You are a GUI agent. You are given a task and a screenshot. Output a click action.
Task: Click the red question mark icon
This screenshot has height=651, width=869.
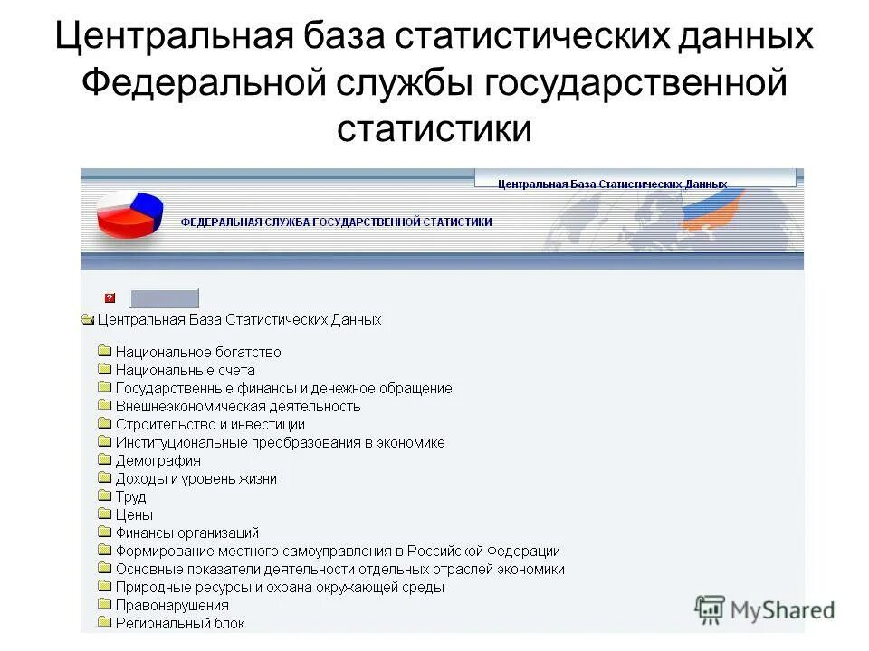tap(110, 297)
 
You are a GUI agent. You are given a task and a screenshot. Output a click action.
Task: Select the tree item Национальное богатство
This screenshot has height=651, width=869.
tap(197, 352)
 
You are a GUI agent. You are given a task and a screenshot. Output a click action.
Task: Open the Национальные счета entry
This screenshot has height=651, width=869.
tap(185, 370)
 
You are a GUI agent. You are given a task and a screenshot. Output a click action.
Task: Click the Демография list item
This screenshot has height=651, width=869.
tap(158, 460)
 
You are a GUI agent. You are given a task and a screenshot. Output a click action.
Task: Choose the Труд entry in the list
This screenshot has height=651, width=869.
tap(130, 496)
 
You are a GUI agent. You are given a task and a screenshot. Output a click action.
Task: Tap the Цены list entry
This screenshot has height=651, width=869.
tap(134, 514)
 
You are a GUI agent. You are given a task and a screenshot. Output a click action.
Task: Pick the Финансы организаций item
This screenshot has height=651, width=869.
tap(186, 533)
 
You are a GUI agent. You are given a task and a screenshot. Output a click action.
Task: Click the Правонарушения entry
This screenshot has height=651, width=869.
tap(172, 605)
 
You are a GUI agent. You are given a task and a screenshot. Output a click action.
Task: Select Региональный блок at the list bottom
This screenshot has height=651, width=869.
tap(179, 623)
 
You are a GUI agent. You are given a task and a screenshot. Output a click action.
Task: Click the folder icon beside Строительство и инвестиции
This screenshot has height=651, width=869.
tap(104, 424)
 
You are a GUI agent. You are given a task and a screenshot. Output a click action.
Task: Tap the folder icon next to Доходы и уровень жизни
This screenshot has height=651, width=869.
tap(104, 478)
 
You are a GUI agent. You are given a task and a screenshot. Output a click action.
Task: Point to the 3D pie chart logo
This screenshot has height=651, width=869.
tap(129, 213)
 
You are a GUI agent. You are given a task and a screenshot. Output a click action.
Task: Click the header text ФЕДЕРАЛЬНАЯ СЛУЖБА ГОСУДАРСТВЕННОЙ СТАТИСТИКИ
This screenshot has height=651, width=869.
tap(337, 222)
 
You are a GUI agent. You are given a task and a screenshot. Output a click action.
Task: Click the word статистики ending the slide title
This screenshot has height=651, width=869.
tap(434, 128)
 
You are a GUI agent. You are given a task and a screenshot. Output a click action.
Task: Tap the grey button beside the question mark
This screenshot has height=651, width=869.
tap(164, 298)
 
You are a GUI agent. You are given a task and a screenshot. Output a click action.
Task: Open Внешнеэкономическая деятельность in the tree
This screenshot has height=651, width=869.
tap(237, 406)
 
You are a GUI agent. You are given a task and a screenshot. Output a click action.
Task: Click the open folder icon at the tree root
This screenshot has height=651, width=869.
tap(88, 319)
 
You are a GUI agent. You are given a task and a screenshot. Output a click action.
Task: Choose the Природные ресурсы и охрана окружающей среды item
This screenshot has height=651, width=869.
tap(280, 587)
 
